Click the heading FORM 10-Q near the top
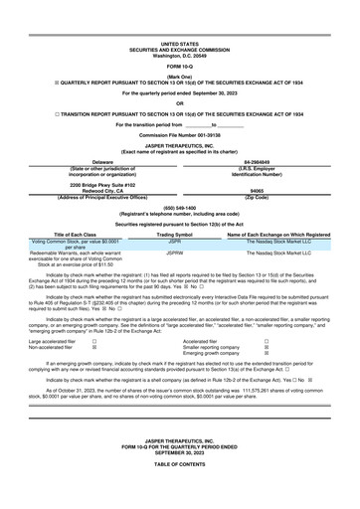pos(179,66)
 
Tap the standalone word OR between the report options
pos(179,102)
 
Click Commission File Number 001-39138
pos(179,134)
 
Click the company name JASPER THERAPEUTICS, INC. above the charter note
pos(179,145)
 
